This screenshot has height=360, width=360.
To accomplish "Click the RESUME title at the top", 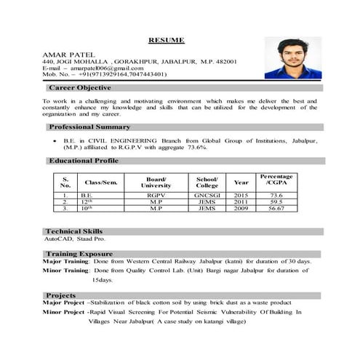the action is [x=167, y=39].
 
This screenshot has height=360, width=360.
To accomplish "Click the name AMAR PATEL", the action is [x=65, y=55].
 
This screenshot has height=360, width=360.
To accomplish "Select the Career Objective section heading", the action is [x=80, y=87].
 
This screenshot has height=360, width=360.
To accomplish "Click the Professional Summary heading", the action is [x=89, y=127].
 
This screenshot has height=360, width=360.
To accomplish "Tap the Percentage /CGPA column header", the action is [x=276, y=180].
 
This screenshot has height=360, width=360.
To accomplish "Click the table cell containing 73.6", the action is [x=276, y=195].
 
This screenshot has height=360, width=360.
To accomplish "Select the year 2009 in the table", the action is [x=241, y=208].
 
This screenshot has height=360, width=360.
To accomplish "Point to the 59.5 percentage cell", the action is [x=276, y=201].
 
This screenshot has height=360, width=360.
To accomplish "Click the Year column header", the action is [x=241, y=183].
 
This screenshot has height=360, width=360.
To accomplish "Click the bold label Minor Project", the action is [x=63, y=311].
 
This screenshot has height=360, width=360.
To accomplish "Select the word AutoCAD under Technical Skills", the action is [x=57, y=238].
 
